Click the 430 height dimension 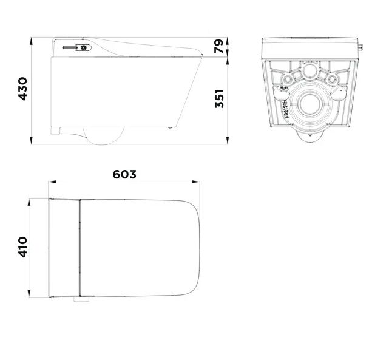pyautogui.click(x=23, y=89)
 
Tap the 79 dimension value pyautogui.click(x=218, y=46)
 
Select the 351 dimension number pyautogui.click(x=219, y=98)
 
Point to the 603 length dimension pyautogui.click(x=124, y=174)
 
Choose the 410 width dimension pyautogui.click(x=23, y=247)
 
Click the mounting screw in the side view pyautogui.click(x=70, y=48)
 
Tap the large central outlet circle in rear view pyautogui.click(x=309, y=104)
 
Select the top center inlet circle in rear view pyautogui.click(x=309, y=70)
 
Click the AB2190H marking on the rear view pyautogui.click(x=286, y=109)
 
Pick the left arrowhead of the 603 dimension pyautogui.click(x=52, y=182)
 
